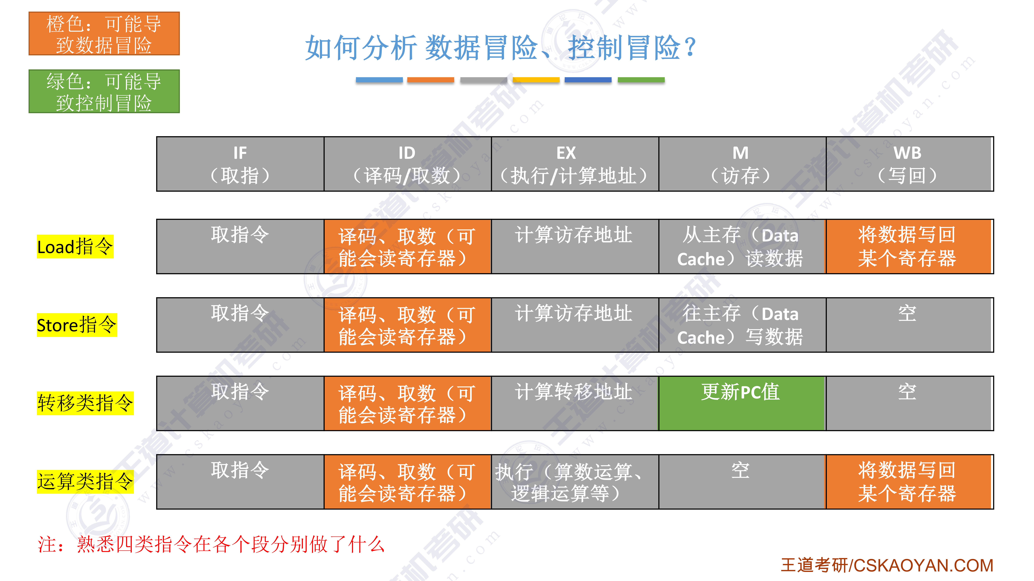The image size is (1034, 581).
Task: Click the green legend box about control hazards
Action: point(104,91)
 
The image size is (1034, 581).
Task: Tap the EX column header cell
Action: point(575,164)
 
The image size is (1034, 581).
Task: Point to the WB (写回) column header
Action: point(909,164)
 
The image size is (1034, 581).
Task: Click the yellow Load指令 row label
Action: point(75,246)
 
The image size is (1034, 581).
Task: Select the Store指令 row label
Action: point(77,325)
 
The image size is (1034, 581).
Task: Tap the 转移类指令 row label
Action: point(85,403)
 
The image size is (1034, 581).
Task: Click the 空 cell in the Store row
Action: point(909,325)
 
